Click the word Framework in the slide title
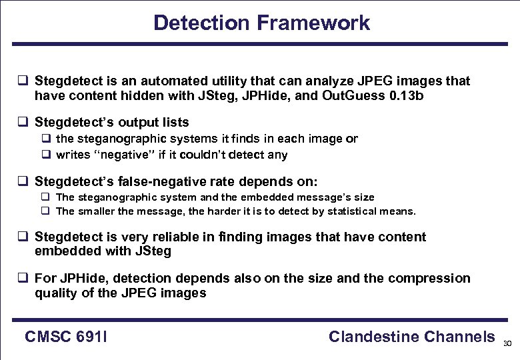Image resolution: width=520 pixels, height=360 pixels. (x=313, y=23)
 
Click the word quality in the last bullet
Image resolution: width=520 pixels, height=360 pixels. (x=58, y=293)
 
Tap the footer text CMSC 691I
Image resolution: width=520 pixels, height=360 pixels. (x=67, y=337)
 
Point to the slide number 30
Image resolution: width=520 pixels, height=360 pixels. (x=507, y=344)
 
